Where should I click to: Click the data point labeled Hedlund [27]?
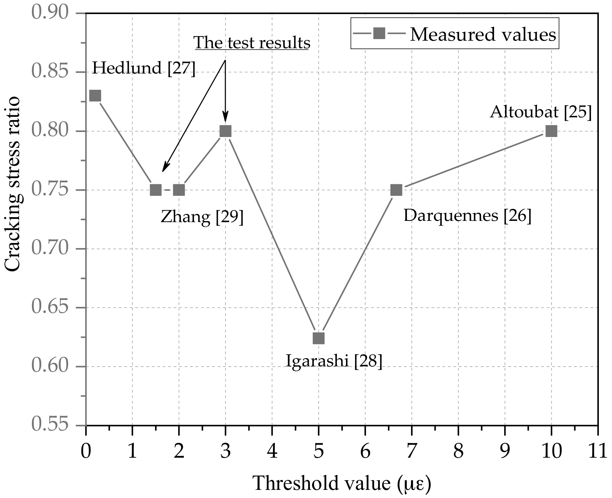coord(95,96)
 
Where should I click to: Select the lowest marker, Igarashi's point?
coord(319,338)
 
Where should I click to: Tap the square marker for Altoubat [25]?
coord(551,131)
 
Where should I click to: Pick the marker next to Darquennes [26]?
coord(396,190)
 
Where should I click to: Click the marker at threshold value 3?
coord(225,131)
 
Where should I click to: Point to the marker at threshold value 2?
coord(179,190)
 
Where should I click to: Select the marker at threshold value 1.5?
coord(156,190)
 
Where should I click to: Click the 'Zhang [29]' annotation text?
coord(202,216)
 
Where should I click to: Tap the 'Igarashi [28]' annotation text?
coord(334,361)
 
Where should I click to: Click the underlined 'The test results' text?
coord(252,43)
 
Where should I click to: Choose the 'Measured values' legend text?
coord(483,34)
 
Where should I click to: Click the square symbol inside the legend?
coord(379,33)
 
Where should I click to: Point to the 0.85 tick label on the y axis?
coord(50,72)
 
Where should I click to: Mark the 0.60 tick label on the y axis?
coord(50,366)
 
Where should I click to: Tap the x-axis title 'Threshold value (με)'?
coord(342,483)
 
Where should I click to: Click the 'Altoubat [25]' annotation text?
coord(541,112)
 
